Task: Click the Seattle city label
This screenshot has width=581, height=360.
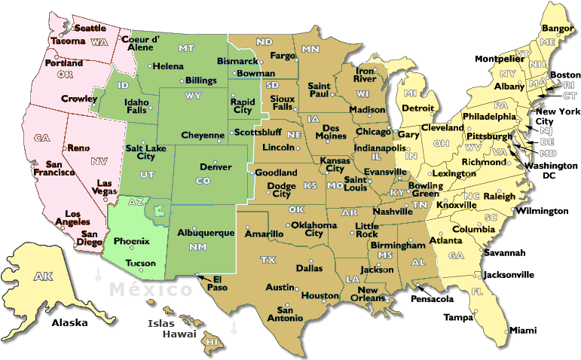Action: (90, 28)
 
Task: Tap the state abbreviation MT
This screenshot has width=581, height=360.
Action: (186, 49)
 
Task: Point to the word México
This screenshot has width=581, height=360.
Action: (151, 290)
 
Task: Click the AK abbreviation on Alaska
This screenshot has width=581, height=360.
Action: (43, 277)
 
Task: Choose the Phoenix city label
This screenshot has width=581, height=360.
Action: (131, 242)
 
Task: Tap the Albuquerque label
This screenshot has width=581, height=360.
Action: (206, 233)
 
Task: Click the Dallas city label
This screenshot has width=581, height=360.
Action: (309, 268)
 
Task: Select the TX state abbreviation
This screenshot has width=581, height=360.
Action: (268, 260)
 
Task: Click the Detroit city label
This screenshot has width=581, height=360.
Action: (418, 108)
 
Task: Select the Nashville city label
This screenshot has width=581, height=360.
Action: (392, 212)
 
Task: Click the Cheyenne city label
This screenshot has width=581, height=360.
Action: (203, 136)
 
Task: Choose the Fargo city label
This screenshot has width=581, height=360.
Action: (283, 56)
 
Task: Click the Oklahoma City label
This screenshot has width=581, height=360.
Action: (312, 229)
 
